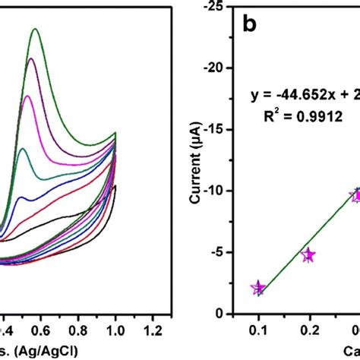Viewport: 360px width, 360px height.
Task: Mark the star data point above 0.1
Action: coord(258,288)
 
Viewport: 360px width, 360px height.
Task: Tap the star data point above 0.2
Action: coord(308,255)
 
